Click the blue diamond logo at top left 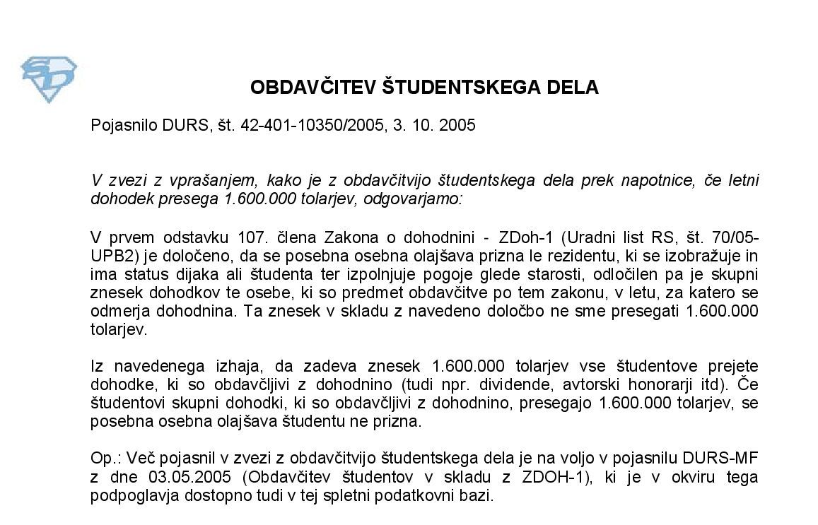click(x=48, y=79)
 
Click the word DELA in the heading click(x=573, y=88)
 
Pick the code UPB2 click(x=110, y=254)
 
